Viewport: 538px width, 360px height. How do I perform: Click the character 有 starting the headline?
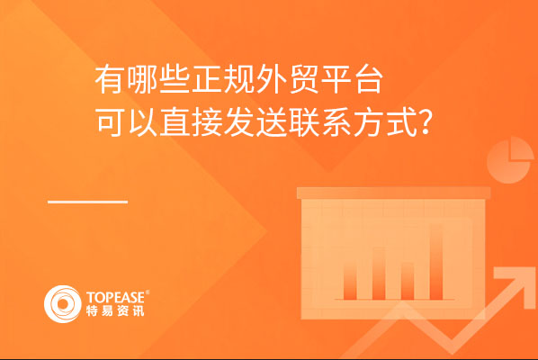pyautogui.click(x=109, y=80)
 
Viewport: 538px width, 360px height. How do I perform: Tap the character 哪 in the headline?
pyautogui.click(x=142, y=80)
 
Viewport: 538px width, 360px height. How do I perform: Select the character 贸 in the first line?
pyautogui.click(x=304, y=80)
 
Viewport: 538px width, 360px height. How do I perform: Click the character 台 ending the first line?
pyautogui.click(x=369, y=80)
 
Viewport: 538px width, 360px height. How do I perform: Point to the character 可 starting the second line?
pyautogui.click(x=109, y=122)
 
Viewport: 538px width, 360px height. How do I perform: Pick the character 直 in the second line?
pyautogui.click(x=175, y=122)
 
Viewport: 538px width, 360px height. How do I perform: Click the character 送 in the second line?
pyautogui.click(x=272, y=122)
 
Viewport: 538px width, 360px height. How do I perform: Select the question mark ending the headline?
pyautogui.click(x=426, y=122)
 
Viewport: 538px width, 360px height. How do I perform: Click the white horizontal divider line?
pyautogui.click(x=87, y=202)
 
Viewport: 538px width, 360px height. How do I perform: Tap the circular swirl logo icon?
pyautogui.click(x=63, y=304)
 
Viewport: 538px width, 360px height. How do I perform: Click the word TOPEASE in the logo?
pyautogui.click(x=116, y=297)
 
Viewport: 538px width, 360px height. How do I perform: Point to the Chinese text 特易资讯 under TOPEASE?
pyautogui.click(x=115, y=310)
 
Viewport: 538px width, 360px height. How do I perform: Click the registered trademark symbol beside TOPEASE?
pyautogui.click(x=148, y=292)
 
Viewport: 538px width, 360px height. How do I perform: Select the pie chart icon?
pyautogui.click(x=509, y=160)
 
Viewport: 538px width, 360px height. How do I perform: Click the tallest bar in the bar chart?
pyautogui.click(x=436, y=262)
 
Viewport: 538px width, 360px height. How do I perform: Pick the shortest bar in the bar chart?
pyautogui.click(x=408, y=281)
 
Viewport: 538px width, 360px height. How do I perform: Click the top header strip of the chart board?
pyautogui.click(x=393, y=193)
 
